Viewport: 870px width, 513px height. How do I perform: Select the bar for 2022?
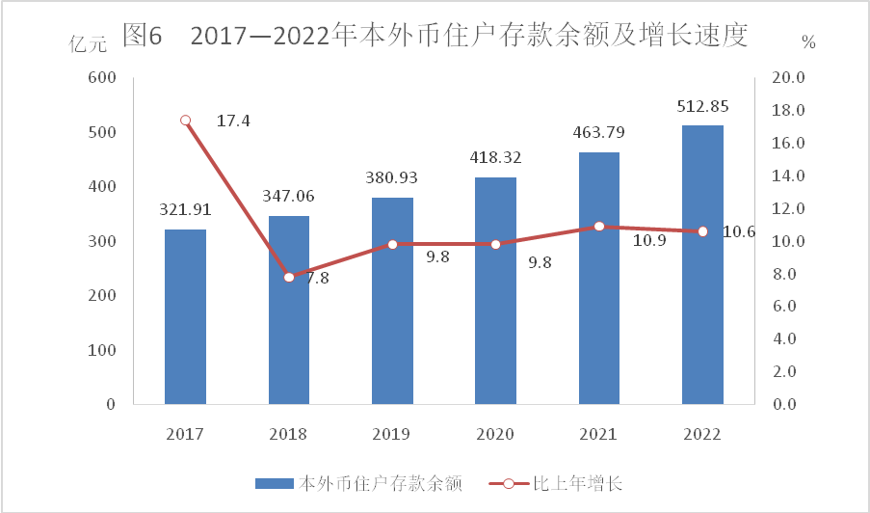[x=702, y=264]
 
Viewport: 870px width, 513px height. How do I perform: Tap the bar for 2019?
[x=392, y=300]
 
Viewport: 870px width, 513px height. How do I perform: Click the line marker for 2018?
[x=289, y=278]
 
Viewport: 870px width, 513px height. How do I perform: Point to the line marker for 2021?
[x=599, y=227]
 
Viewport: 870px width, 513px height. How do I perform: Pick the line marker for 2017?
[x=185, y=121]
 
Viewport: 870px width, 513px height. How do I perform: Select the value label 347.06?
[x=289, y=197]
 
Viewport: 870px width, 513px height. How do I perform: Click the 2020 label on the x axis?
[x=496, y=433]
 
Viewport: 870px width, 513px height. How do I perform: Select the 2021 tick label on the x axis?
[x=599, y=433]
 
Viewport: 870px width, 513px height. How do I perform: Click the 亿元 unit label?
[x=89, y=44]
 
